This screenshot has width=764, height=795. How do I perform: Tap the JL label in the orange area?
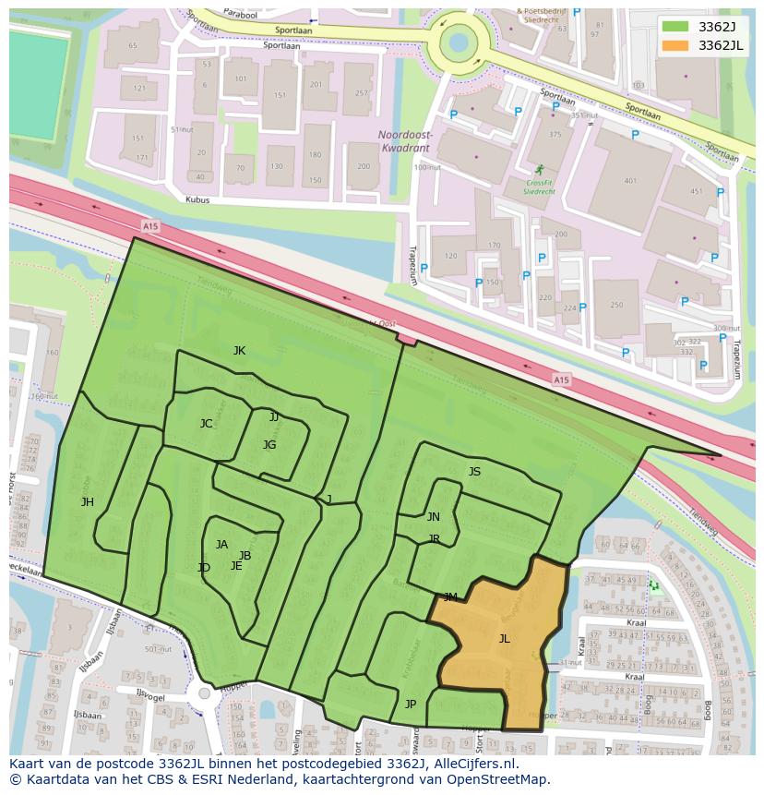click(504, 638)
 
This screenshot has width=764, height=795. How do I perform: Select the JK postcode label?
click(239, 350)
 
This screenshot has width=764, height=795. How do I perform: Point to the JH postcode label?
click(87, 502)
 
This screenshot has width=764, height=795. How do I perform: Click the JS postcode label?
click(474, 472)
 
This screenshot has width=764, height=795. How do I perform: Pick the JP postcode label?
click(411, 705)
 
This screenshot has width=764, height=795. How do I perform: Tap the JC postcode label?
click(206, 424)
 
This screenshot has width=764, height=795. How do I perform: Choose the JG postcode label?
click(269, 444)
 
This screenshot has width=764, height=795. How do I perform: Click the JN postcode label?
click(433, 516)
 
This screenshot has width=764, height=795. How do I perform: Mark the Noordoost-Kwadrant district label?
click(405, 139)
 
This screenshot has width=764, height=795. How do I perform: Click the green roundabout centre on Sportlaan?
click(459, 42)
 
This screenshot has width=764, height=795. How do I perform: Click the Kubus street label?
click(197, 199)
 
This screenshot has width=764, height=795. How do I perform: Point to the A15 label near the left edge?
click(150, 225)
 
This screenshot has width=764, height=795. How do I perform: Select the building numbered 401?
click(630, 181)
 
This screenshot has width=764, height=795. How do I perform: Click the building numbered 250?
click(616, 305)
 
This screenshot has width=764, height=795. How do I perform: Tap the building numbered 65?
click(133, 45)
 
